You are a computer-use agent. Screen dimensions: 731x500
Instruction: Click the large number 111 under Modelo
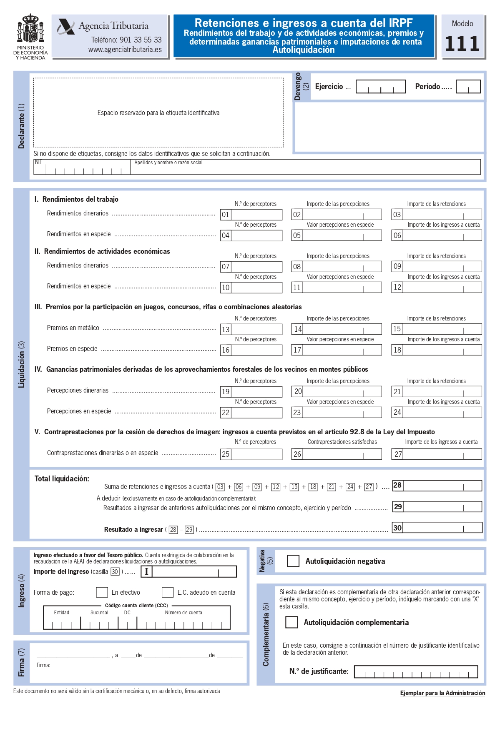pos(462,44)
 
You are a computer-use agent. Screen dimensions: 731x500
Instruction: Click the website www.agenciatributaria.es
pos(125,50)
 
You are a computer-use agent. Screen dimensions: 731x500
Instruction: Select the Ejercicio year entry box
pos(380,87)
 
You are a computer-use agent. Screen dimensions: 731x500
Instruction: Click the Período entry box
pos(468,87)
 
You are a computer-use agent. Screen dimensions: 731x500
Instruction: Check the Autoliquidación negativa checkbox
pos(293,561)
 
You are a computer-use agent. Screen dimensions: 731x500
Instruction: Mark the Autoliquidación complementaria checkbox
pos(291,622)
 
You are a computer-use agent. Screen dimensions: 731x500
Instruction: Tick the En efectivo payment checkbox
pos(102,592)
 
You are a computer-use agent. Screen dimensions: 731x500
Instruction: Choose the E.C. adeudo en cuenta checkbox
pos(168,592)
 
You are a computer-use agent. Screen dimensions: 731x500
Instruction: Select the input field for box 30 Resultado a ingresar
pos(442,528)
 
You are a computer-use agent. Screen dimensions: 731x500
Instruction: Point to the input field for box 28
pos(442,486)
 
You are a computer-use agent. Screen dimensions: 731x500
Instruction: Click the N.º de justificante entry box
pos(416,672)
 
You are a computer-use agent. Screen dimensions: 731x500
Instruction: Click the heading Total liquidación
pos(62,479)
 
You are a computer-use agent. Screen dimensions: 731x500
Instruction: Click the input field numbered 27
pos(442,454)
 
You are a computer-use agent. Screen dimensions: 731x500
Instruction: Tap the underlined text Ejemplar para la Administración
pos(442,693)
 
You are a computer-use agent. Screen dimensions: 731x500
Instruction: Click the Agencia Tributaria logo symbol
pos(65,27)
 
